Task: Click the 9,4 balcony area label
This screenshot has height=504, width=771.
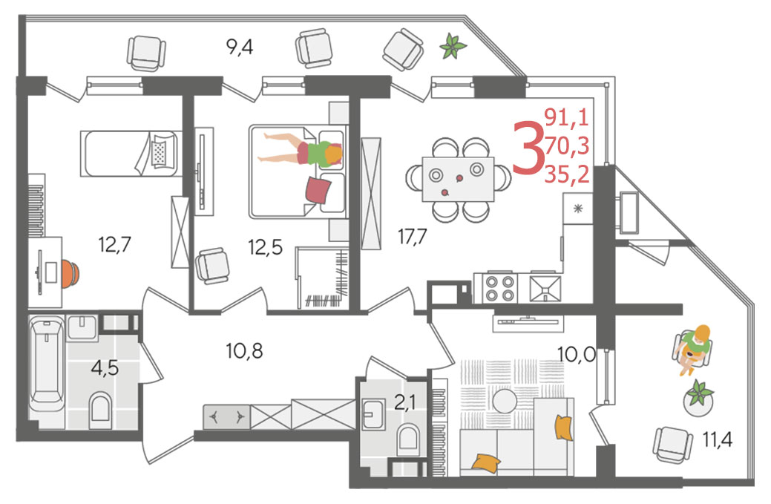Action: (x=240, y=48)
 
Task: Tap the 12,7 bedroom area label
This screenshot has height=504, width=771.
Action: (x=114, y=244)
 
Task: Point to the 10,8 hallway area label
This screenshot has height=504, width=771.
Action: (x=244, y=351)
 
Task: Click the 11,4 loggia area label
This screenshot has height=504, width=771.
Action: (x=717, y=439)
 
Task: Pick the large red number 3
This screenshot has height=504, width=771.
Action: (x=528, y=148)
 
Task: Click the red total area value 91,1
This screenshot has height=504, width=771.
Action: (x=566, y=118)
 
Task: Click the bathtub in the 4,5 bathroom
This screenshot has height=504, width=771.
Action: (x=46, y=364)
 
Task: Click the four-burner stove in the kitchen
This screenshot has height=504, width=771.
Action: (x=499, y=288)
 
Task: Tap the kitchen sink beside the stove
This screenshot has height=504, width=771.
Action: (x=545, y=288)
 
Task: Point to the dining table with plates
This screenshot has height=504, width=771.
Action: (x=458, y=179)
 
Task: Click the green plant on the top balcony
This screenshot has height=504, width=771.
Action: (x=453, y=47)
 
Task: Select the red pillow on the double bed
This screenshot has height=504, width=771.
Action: (x=318, y=190)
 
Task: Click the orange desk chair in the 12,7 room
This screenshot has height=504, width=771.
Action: (x=70, y=273)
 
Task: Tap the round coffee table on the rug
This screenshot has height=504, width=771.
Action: (x=505, y=402)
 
